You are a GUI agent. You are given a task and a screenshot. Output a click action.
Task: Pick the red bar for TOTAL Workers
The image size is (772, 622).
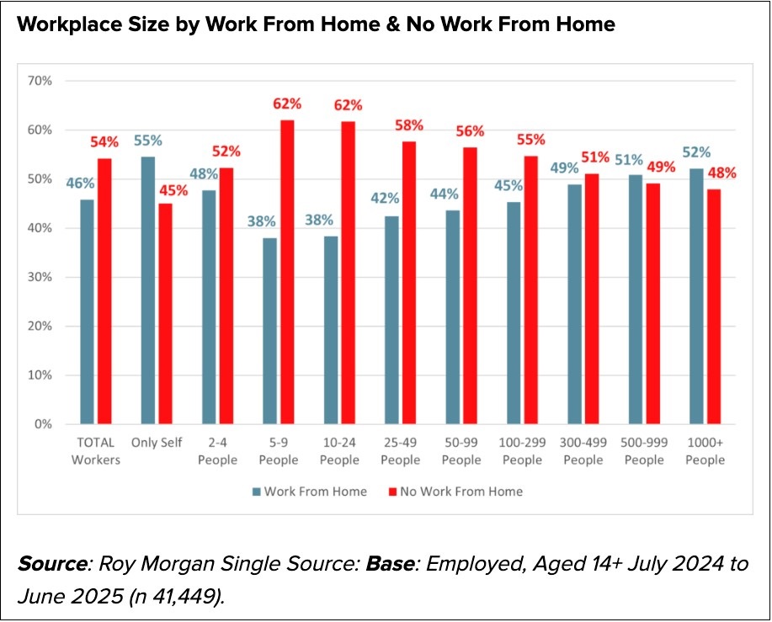click(104, 291)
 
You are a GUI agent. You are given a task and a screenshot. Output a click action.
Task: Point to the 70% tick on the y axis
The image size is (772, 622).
click(41, 81)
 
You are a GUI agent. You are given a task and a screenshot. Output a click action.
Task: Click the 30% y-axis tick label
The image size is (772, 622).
click(41, 277)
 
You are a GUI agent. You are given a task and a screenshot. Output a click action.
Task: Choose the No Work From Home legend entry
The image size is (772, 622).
click(454, 492)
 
